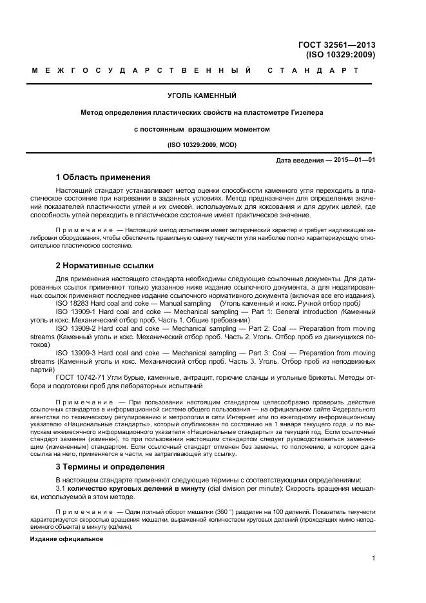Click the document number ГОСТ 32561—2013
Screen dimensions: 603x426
tap(336, 45)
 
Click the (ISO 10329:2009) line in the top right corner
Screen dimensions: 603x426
tap(341, 55)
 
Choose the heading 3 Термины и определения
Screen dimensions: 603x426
tap(111, 466)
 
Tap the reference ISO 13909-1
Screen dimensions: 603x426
tap(78, 311)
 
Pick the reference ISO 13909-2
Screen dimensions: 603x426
tap(78, 328)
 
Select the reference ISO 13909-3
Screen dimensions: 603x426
tap(78, 353)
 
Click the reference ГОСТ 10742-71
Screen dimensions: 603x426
tap(82, 377)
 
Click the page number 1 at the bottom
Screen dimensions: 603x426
tap(373, 559)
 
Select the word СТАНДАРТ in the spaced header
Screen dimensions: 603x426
tap(313, 70)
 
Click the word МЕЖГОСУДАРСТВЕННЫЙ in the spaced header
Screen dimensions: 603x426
tap(142, 70)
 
